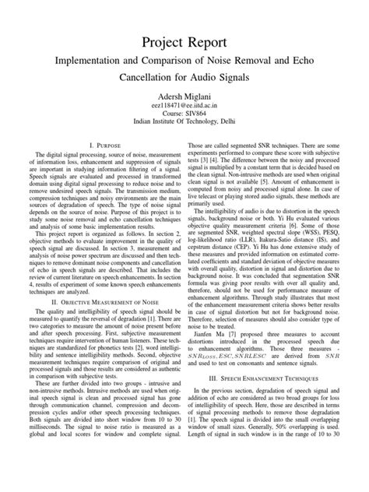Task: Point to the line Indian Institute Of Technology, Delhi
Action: [x=184, y=122]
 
